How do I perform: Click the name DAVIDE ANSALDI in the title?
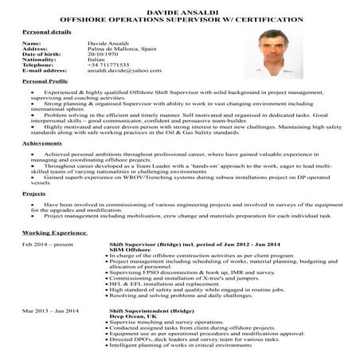coord(179,5)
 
